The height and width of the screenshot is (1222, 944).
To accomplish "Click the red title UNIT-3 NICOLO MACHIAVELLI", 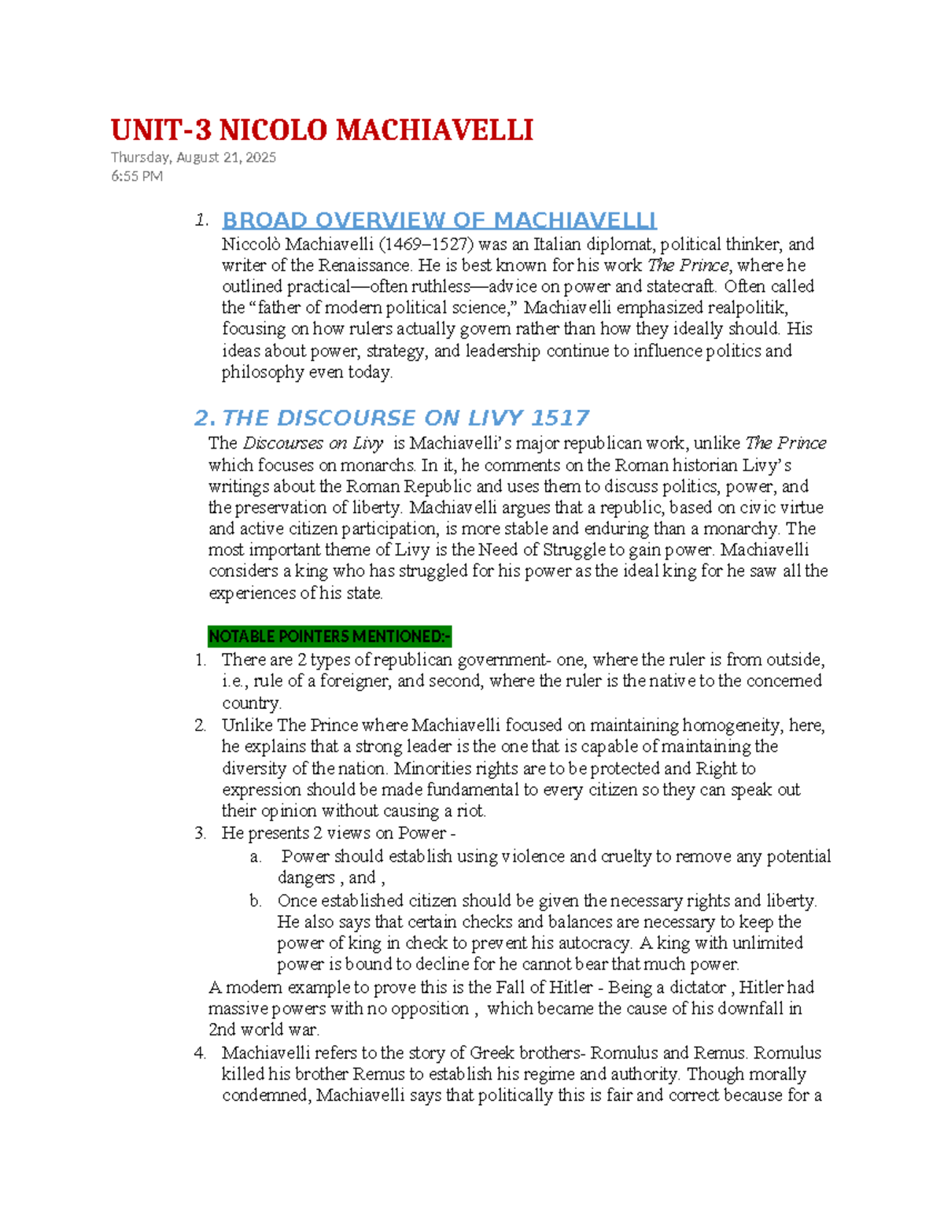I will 322,130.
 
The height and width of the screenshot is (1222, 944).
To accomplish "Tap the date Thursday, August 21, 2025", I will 193,157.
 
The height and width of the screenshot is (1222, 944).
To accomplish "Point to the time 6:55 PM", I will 137,176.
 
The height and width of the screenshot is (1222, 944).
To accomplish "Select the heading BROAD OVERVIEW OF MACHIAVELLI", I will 439,220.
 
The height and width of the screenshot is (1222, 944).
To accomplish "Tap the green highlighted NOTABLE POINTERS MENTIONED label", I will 330,636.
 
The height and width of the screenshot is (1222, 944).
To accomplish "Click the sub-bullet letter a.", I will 256,857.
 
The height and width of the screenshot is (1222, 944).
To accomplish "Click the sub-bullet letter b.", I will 256,901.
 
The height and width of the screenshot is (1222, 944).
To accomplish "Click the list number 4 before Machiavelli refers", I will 200,1053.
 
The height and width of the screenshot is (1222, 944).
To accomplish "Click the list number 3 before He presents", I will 200,833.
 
